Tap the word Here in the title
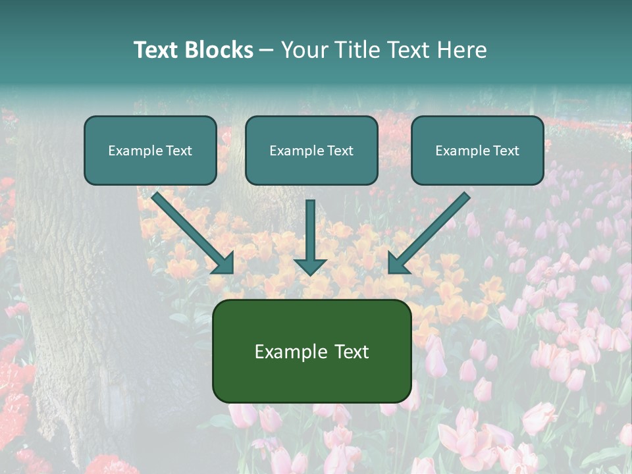click(461, 50)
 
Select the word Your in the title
click(305, 50)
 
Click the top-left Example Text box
click(150, 151)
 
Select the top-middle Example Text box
click(311, 151)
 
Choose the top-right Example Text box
click(477, 151)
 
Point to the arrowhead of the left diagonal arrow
click(223, 263)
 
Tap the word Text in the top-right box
click(505, 151)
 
